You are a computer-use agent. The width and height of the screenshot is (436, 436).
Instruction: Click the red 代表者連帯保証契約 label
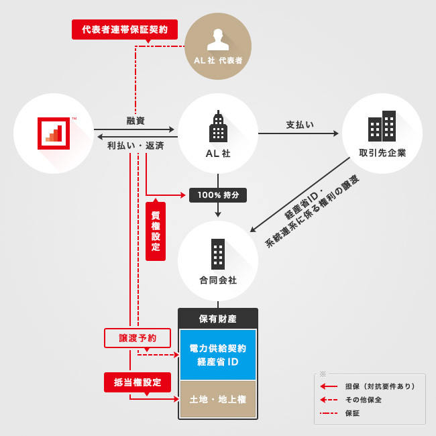tap(125, 30)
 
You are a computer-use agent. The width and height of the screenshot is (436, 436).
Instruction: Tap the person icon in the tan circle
tap(218, 40)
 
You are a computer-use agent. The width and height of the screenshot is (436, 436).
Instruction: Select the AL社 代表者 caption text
tap(218, 60)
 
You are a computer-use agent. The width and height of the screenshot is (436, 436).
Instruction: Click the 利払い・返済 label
tap(135, 146)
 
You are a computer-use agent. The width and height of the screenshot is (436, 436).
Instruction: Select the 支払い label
tap(300, 125)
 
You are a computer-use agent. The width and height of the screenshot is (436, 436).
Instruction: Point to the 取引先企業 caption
tap(382, 153)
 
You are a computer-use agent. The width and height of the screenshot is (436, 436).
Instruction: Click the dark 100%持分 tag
tap(218, 195)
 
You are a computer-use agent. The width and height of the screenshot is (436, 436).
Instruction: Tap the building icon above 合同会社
tap(218, 254)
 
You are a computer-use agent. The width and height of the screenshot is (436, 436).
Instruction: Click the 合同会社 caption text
tap(218, 280)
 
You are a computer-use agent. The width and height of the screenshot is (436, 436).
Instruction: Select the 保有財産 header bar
tap(218, 319)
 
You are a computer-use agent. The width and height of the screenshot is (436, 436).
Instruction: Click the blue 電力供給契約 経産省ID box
tap(218, 355)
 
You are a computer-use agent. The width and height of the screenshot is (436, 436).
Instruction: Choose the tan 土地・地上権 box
tap(218, 399)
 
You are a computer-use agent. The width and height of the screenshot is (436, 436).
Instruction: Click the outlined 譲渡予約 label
tap(138, 338)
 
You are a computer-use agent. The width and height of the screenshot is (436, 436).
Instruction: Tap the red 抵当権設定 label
tap(138, 382)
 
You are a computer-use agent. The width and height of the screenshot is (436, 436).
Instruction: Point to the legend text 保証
tap(352, 413)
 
